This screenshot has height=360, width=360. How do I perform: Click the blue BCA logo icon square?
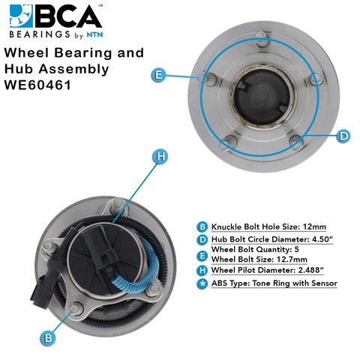(21, 16)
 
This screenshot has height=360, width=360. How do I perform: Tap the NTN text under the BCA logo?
(94, 34)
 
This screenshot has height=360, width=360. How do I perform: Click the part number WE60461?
(37, 85)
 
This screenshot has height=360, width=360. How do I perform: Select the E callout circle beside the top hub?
(158, 75)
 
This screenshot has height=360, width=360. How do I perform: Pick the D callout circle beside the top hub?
(343, 136)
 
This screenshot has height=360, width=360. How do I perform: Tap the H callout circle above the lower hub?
(160, 157)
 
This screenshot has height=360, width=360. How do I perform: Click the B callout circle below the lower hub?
(48, 338)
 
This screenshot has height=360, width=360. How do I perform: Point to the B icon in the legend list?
(202, 227)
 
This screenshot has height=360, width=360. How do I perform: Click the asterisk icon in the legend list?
(202, 283)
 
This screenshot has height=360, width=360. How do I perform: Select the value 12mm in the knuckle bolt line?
(314, 227)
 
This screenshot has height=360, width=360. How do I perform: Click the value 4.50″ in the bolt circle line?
(322, 239)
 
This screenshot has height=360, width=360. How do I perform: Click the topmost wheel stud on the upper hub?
(262, 38)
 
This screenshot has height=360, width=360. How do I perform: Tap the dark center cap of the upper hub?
(262, 96)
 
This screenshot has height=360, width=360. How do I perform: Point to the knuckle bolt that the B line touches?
(76, 308)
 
